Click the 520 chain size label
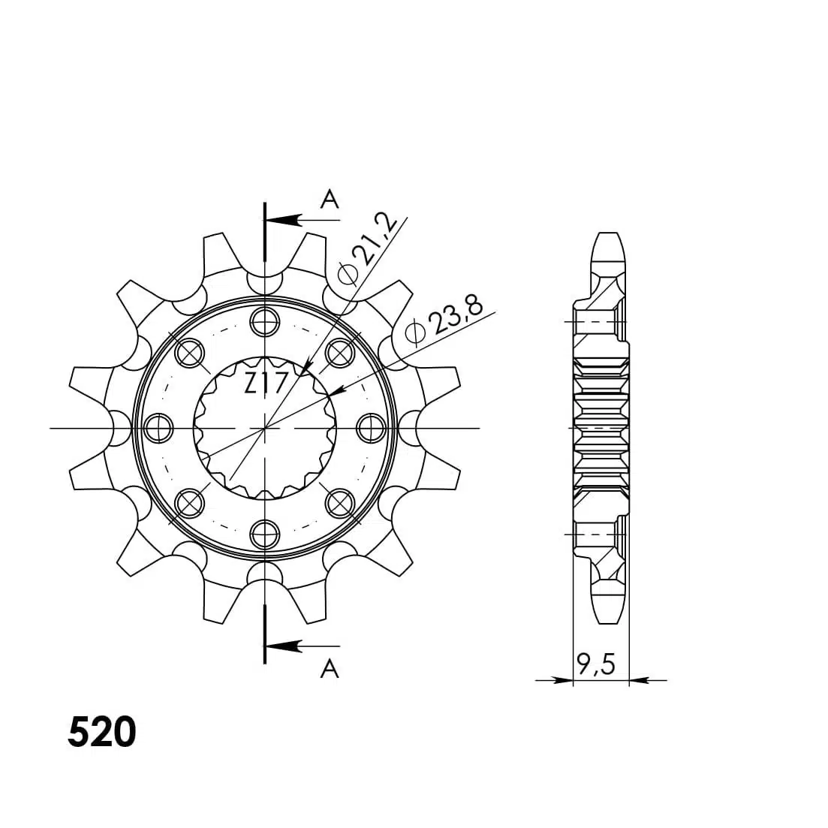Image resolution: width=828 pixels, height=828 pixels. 102,733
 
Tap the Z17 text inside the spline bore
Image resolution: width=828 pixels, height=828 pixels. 265,384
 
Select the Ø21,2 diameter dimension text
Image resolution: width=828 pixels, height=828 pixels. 368,249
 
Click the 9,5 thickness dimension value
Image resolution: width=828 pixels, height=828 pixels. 596,664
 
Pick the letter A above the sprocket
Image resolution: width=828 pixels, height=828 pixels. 330,200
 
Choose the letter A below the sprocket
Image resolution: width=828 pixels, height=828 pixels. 330,669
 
